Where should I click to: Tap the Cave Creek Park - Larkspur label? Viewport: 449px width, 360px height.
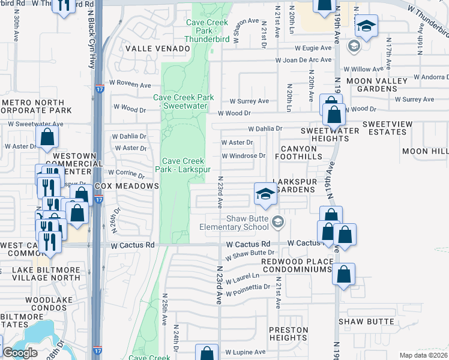[184, 165]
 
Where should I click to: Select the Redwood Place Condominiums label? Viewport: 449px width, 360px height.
[297, 266]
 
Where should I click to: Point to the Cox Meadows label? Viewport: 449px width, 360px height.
[127, 186]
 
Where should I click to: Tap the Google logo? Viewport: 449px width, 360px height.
[20, 353]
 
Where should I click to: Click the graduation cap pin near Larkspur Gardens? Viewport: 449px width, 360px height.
[265, 194]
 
